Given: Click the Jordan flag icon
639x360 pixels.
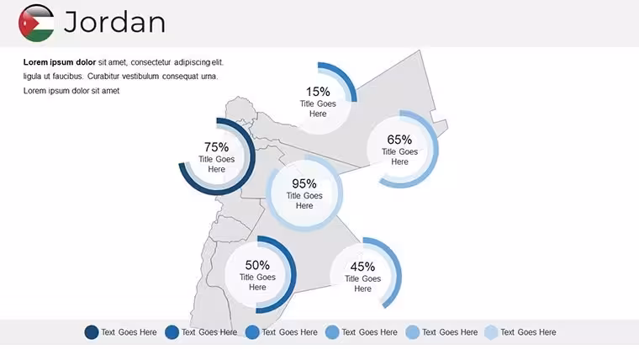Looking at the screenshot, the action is [x=36, y=23].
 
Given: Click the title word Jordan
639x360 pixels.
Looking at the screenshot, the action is [x=114, y=22].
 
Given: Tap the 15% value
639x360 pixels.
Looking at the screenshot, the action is [x=318, y=92].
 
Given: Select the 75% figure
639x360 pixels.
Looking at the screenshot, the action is [x=216, y=146].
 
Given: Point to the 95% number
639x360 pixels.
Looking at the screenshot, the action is [x=304, y=183].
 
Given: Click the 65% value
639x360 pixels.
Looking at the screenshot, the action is [x=399, y=140].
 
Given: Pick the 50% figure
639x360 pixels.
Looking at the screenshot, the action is [x=257, y=265].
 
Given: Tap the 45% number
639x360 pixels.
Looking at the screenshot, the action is [x=362, y=267].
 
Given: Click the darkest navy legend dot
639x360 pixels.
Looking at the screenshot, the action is [x=92, y=332].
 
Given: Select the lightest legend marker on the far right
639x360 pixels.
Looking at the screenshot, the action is [x=491, y=332].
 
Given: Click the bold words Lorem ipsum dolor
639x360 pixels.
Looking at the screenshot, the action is [x=60, y=62].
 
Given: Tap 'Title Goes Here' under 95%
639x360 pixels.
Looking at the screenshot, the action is [x=304, y=200].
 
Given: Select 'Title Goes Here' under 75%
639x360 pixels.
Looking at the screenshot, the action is [x=216, y=164].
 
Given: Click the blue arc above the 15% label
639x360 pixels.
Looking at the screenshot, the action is [x=346, y=77].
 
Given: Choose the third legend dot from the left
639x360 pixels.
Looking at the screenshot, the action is [x=252, y=332].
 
